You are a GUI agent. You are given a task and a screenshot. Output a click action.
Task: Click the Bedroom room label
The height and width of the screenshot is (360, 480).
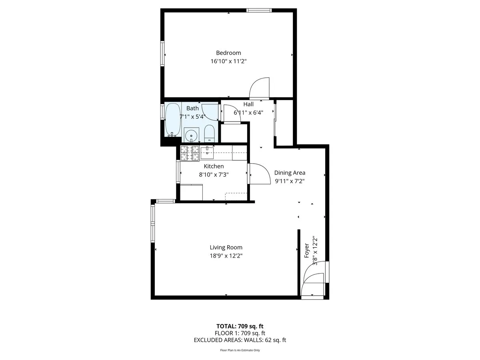tap(228, 53)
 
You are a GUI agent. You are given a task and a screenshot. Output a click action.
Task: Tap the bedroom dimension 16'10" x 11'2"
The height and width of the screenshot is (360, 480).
tap(228, 62)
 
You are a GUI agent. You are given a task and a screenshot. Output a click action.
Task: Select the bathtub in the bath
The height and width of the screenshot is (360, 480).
tap(172, 119)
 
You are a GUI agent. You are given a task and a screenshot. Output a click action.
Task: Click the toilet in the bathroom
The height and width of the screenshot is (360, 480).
tap(210, 134)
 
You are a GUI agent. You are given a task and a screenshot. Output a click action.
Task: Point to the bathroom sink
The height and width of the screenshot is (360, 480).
tap(192, 135)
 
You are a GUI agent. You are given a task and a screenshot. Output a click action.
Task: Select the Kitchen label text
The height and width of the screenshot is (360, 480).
tap(214, 166)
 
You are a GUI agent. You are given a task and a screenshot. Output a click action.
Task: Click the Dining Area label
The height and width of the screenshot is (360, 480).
tap(290, 173)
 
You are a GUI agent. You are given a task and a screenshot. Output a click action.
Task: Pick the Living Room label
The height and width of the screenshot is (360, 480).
tap(226, 248)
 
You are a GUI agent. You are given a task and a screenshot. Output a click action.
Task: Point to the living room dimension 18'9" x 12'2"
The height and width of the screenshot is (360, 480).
tap(226, 256)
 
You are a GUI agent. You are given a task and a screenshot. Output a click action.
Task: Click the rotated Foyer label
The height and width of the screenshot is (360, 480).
tap(307, 250)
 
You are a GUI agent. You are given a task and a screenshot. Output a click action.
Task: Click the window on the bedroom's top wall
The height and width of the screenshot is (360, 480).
tap(259, 10)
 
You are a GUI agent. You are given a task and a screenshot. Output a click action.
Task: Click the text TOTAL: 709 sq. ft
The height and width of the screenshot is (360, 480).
tap(240, 326)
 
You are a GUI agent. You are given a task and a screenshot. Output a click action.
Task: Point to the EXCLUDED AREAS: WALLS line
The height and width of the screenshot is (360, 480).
tap(240, 340)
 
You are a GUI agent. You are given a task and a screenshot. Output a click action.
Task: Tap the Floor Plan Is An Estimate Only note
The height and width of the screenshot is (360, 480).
tap(240, 350)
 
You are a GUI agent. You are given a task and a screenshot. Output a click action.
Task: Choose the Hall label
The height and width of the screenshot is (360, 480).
tap(248, 104)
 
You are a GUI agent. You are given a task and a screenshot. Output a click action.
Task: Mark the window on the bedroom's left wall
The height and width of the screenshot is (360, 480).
tap(162, 53)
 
